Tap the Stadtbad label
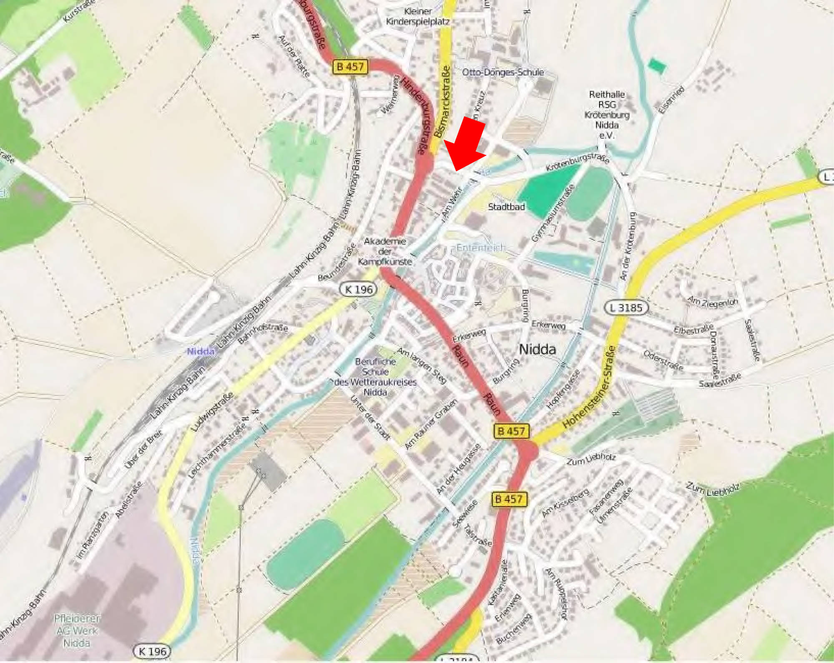click(506, 207)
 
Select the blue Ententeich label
click(480, 248)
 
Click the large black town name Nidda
click(537, 349)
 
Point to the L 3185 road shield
click(626, 308)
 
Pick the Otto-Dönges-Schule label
click(502, 72)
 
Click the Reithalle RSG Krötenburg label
click(607, 115)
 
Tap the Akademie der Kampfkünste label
click(385, 251)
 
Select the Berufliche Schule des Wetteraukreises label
click(374, 377)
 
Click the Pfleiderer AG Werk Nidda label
click(77, 630)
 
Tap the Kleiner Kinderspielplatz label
click(417, 17)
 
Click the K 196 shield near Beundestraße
click(359, 289)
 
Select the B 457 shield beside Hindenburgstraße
click(350, 67)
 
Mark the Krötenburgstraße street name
click(578, 162)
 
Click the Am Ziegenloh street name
click(712, 302)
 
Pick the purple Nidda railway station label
click(201, 351)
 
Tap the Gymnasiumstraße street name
click(553, 213)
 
